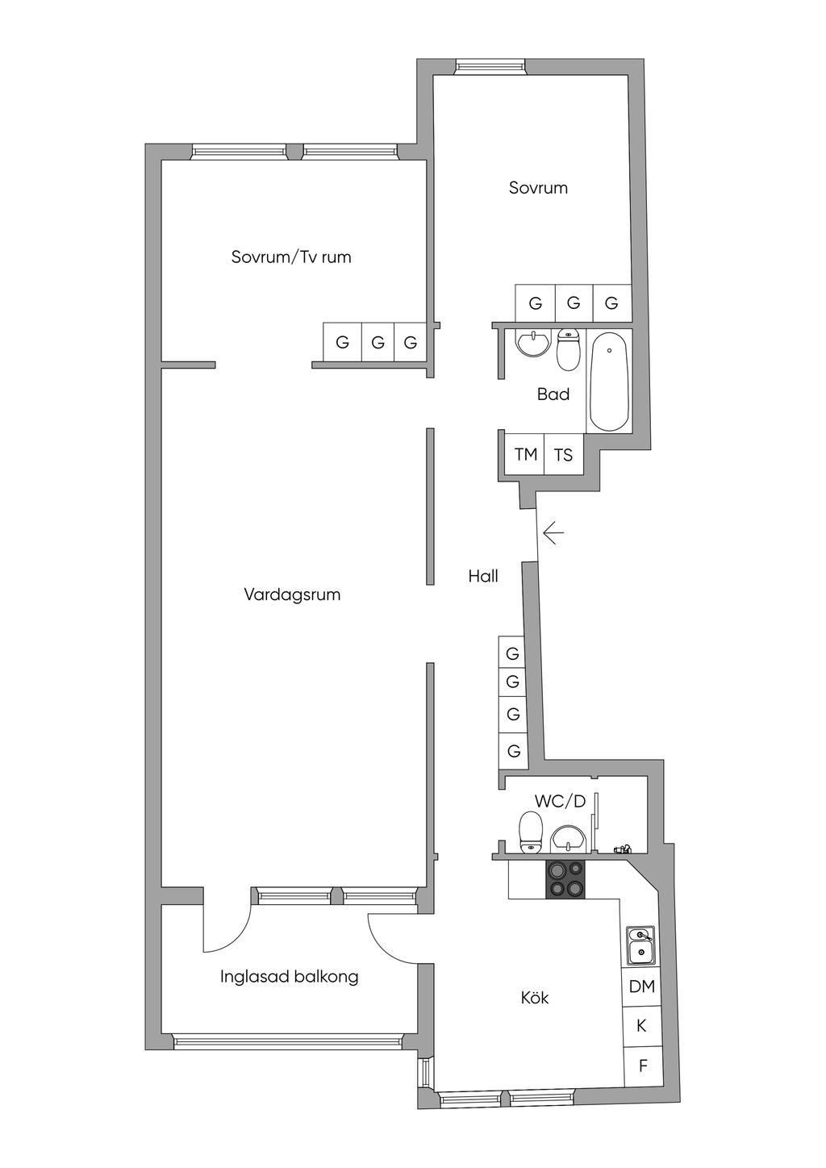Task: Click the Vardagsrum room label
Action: [292, 594]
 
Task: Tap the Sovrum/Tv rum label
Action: [291, 257]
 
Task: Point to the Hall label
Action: [483, 576]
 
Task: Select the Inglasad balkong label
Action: [290, 977]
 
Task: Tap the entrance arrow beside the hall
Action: [553, 534]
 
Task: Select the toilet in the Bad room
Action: [568, 348]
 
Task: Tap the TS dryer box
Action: [564, 454]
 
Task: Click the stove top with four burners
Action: [565, 879]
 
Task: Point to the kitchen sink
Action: [640, 946]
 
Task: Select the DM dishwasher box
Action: [642, 987]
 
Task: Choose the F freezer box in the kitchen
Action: [643, 1066]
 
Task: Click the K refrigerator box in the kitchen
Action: [642, 1026]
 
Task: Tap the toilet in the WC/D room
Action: [532, 832]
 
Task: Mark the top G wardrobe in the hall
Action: [513, 653]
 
